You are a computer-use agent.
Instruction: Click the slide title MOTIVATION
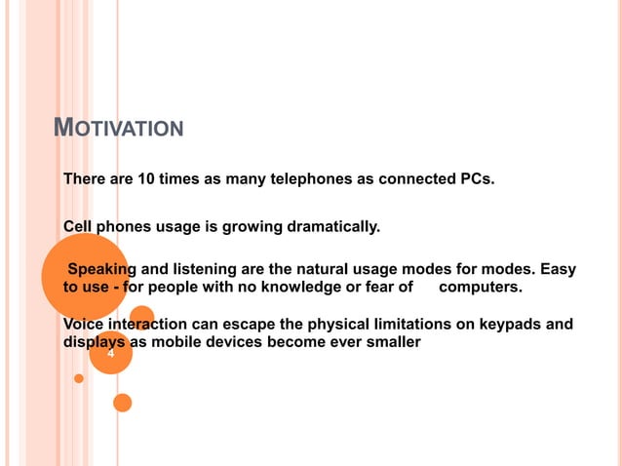point(118,127)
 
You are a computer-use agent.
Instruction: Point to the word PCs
point(476,179)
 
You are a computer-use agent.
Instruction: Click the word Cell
point(78,227)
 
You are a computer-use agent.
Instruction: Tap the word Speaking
point(100,269)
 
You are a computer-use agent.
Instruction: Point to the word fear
point(376,288)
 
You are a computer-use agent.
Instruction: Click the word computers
point(481,288)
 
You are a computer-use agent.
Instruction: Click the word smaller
point(391,342)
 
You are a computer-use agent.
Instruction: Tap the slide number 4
point(110,354)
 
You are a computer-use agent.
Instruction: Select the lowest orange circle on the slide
point(122,402)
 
